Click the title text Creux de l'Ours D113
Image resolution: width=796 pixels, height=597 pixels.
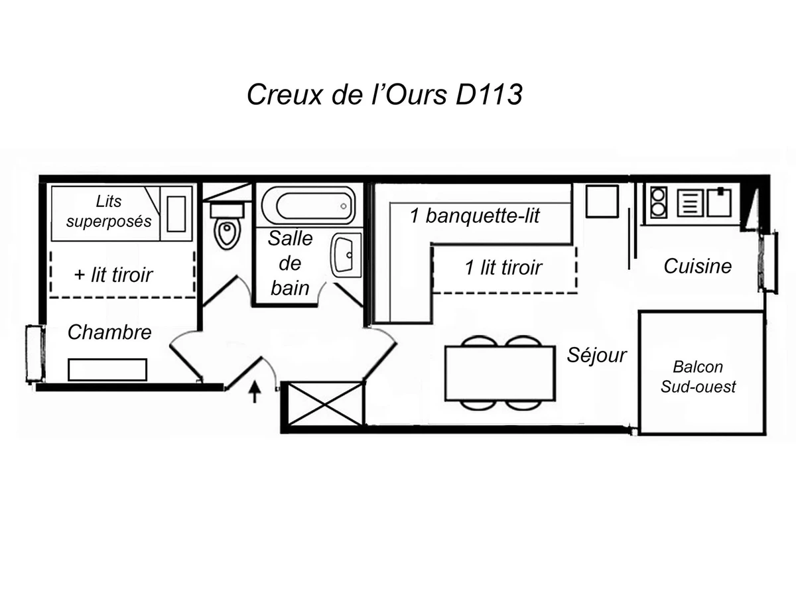(385, 94)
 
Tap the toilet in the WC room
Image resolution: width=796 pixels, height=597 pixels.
(227, 229)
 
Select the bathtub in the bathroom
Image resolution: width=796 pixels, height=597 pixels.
(308, 206)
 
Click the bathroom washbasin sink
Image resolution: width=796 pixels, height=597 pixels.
(346, 255)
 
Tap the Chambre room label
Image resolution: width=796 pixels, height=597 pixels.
(109, 332)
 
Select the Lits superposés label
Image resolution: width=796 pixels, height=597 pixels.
(109, 211)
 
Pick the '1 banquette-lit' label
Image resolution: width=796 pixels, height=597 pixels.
(475, 216)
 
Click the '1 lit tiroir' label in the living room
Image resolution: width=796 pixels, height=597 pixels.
(503, 268)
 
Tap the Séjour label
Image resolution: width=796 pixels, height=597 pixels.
(596, 355)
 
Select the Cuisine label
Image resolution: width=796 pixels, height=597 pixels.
(698, 267)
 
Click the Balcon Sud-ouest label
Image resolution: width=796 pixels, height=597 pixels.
(698, 376)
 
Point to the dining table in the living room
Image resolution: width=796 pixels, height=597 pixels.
(499, 373)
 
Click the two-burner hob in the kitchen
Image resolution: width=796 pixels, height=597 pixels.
(658, 202)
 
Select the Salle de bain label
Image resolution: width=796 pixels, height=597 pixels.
(290, 263)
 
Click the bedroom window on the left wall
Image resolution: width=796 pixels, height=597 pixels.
(34, 353)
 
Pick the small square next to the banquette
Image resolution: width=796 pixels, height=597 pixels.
(602, 201)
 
